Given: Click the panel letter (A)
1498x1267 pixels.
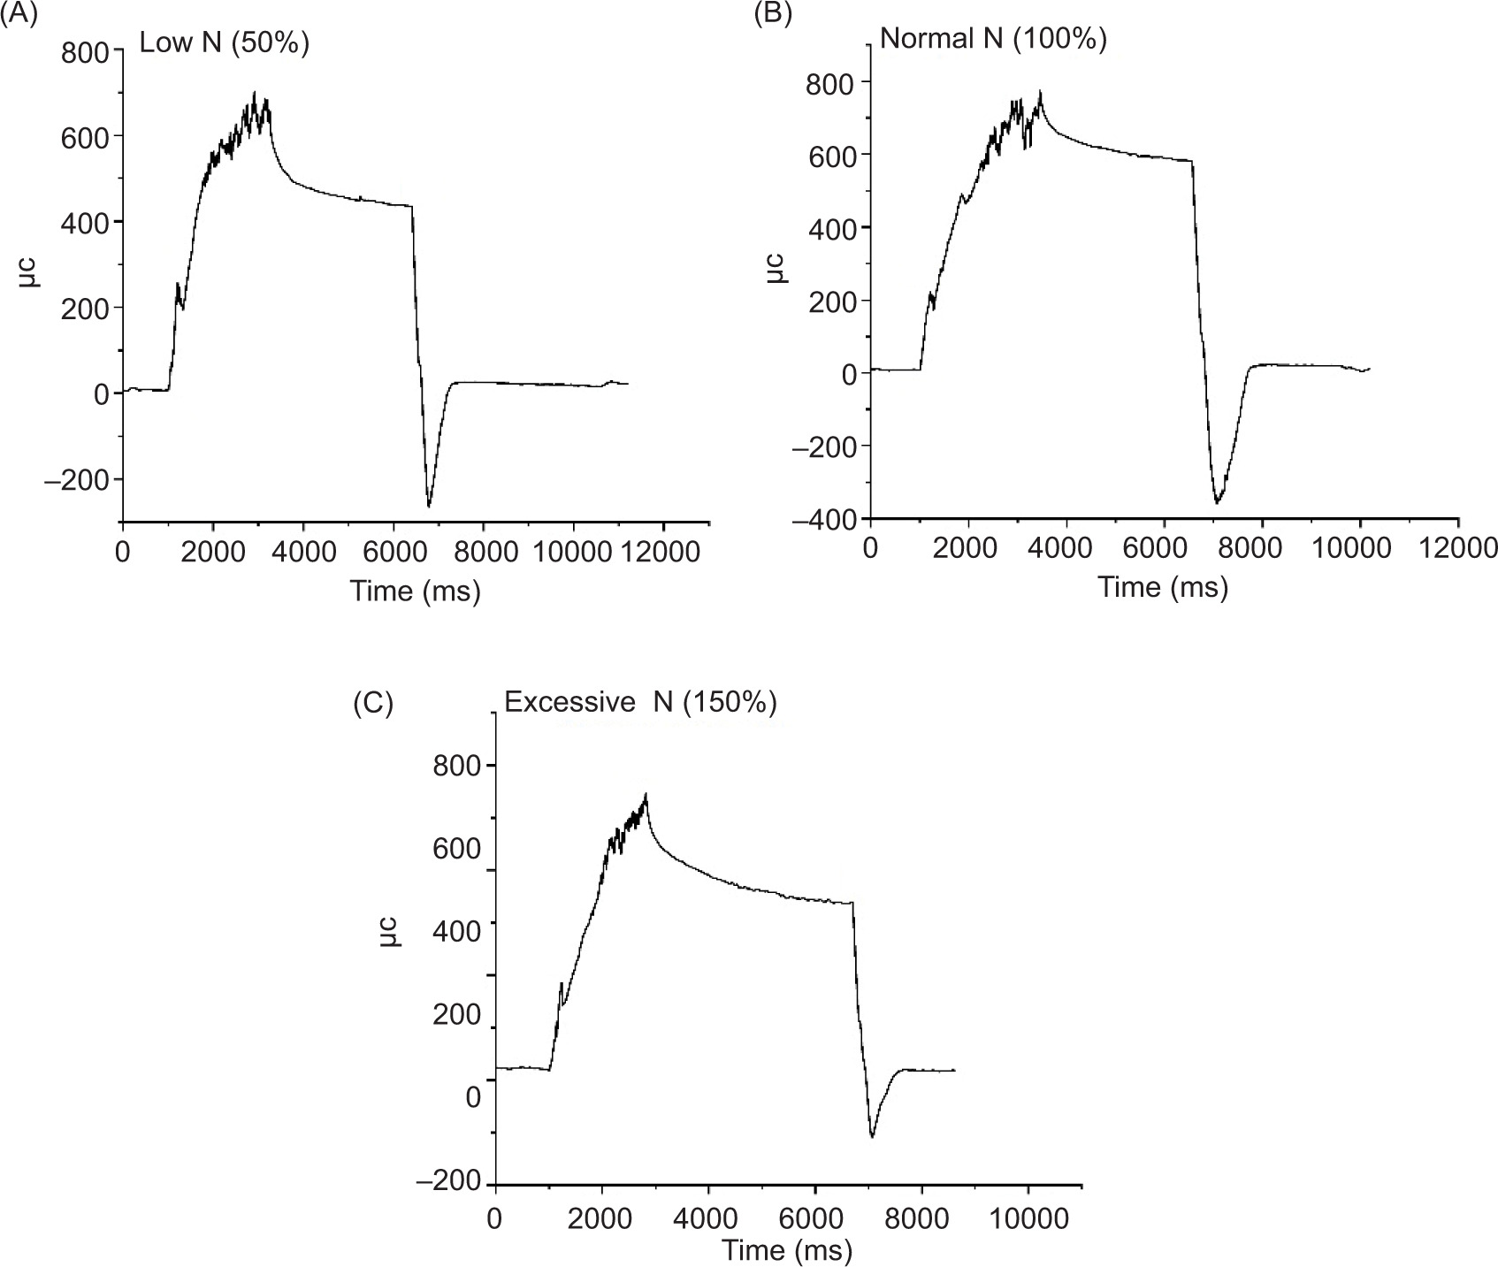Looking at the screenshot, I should coord(19,15).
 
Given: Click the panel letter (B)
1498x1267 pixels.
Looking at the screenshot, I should coord(772,15).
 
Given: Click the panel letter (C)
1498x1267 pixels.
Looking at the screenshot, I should coord(372,703).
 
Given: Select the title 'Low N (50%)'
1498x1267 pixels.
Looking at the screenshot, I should coord(225,42).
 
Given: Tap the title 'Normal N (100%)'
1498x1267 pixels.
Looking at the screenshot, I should coord(993,39).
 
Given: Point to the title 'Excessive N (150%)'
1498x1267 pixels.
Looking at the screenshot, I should coord(640,702).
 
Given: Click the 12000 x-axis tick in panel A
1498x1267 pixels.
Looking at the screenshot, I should coord(661,552).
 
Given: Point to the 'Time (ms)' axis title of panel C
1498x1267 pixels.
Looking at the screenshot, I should coord(786,1250).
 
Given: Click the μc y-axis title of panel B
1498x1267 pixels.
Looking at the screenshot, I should coord(775,268).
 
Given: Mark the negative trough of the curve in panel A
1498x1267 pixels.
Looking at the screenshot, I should coord(429,506).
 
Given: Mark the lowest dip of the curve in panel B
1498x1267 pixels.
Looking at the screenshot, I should coord(1218,502).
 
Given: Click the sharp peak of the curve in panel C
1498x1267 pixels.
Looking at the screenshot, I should coord(646,795).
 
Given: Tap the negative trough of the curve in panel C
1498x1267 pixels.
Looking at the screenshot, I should coord(872,1136).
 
